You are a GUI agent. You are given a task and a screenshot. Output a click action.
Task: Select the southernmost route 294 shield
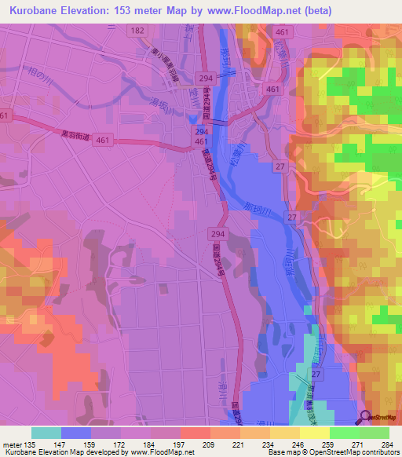click(x=217, y=233)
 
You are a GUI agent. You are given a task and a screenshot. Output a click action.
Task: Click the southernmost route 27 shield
click(x=315, y=376)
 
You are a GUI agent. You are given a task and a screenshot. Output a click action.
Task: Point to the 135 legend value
click(x=32, y=444)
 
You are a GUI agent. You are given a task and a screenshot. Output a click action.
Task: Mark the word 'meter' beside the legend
click(x=12, y=444)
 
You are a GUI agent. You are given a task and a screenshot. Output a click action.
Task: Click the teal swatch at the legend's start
click(x=46, y=432)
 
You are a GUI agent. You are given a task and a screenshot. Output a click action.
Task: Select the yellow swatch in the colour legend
click(x=314, y=432)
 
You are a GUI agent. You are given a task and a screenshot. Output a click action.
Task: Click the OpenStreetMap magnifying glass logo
click(x=365, y=417)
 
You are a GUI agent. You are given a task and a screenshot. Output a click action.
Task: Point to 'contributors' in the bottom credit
click(x=377, y=452)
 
